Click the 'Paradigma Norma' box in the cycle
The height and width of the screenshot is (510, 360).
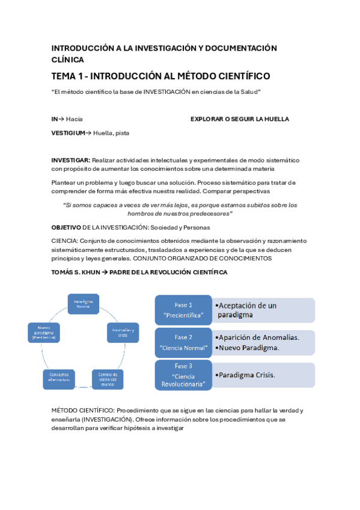tap(82, 305)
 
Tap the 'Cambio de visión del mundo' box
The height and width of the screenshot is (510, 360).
tap(108, 379)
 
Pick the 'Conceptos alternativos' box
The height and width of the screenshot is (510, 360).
tap(59, 379)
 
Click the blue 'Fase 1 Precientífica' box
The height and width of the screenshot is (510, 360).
tap(183, 310)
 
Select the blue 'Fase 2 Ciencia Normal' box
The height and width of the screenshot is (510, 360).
tap(183, 342)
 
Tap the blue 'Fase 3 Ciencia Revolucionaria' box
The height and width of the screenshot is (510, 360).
tap(183, 374)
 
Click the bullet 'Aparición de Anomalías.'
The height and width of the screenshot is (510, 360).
tap(258, 337)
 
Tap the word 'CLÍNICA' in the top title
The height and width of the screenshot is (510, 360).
tap(67, 60)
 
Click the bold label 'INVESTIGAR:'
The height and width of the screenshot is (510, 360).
tap(70, 161)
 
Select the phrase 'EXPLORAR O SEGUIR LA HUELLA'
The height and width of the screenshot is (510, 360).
tap(239, 119)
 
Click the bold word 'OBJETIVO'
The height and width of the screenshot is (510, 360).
tap(66, 228)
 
